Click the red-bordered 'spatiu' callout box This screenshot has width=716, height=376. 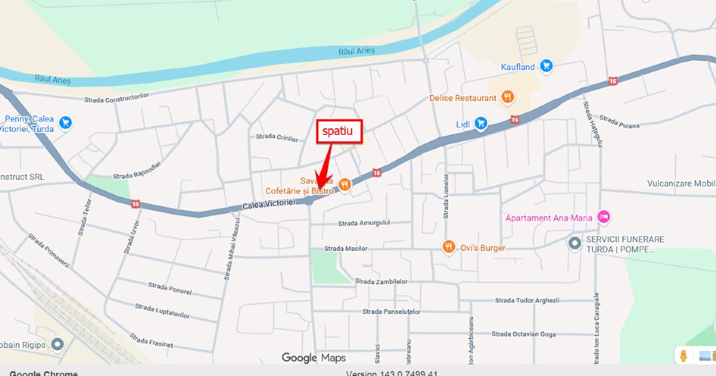pos(339,131)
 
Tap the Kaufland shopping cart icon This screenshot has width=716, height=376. pos(546,66)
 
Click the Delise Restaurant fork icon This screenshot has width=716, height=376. pos(507,97)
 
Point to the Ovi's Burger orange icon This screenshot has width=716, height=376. pos(448,247)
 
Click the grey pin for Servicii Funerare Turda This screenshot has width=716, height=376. pos(575,243)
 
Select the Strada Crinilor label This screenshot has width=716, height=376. pos(276,137)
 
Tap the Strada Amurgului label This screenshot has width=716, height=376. pos(364,223)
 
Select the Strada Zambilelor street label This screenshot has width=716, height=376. pos(381,281)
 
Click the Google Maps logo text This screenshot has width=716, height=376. pos(313,358)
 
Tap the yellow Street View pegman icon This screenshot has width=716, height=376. pos(684,356)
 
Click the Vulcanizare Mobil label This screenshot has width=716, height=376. pos(681,184)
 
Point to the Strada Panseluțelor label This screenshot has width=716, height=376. pos(391,312)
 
